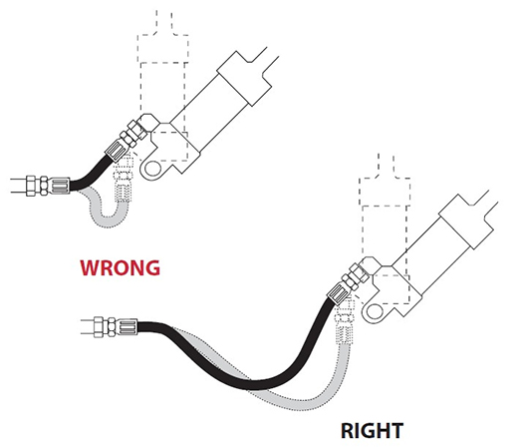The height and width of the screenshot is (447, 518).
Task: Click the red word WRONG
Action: pos(120,267)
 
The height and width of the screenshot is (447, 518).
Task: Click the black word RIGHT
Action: pos(372,430)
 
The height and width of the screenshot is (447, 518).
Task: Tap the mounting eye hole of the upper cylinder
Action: pos(152,169)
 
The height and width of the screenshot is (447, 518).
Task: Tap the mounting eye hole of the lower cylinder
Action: pos(374,312)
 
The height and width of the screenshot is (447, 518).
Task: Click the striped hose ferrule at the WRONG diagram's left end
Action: pos(60,186)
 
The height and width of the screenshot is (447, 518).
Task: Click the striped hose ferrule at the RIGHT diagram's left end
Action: pos(127,327)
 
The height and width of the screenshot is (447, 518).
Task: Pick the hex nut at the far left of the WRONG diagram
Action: pos(31,186)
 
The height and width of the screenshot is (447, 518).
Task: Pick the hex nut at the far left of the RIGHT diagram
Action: pos(100,327)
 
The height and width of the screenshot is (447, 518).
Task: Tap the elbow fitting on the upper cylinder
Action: pos(148,123)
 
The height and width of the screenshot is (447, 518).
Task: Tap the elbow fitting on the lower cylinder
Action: pos(371,266)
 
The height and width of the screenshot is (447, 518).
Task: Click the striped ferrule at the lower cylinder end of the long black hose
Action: pos(338,292)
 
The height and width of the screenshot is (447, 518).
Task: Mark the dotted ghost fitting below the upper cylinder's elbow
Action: pos(124,180)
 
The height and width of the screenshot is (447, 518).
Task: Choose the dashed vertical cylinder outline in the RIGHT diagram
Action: pos(386,232)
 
